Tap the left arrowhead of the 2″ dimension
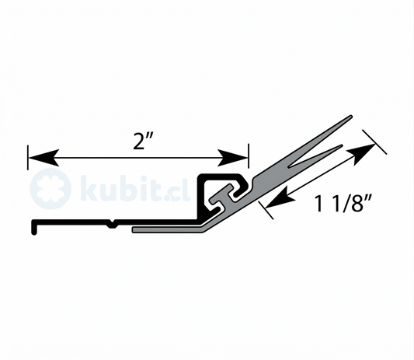pos(43,158)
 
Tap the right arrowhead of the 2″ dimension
pos(232,158)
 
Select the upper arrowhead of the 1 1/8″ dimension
pos(361,154)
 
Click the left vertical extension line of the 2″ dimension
pos(28,157)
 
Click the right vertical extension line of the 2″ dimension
pos(249,156)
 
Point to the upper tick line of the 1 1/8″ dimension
pos(374,142)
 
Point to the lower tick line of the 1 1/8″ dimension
pos(266,210)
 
